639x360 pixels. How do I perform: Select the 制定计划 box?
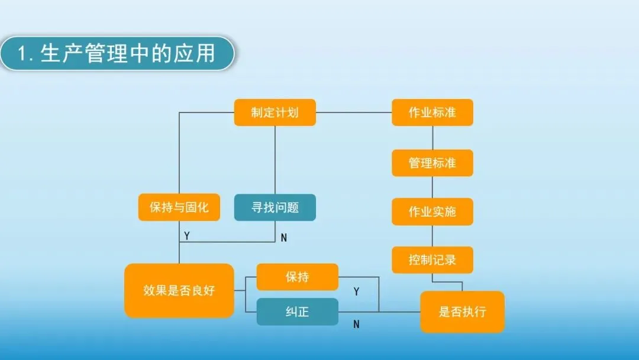275,112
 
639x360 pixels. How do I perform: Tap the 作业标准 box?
433,112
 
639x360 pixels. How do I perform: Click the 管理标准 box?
433,163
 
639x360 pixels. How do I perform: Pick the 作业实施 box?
433,211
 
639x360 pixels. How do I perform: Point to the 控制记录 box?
433,260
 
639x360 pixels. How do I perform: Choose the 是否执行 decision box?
462,311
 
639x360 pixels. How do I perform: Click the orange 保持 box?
297,277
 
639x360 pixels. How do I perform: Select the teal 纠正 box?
297,311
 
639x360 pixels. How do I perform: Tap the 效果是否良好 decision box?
179,291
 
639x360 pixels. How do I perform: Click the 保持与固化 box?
179,208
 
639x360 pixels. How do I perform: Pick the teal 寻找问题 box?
275,208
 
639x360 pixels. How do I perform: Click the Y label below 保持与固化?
187,236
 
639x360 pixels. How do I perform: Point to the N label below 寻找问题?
283,238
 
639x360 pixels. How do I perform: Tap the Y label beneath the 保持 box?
356,291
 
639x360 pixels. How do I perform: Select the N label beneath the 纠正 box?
356,324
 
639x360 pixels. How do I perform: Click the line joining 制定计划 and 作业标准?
354,112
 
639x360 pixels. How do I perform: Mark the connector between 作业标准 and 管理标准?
433,138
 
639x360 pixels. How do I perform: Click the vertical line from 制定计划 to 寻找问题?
275,160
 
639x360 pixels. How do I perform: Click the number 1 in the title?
23,55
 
